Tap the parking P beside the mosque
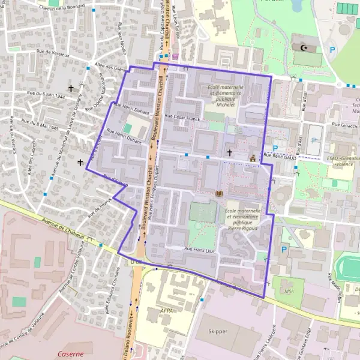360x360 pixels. pos(332,50)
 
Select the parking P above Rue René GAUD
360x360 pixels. pos(275,148)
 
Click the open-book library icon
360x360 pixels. pos(218,193)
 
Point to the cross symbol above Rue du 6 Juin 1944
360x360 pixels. pos(71,88)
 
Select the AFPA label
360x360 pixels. pos(167,311)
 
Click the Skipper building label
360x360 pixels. pos(218,331)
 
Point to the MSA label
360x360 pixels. pos(290,292)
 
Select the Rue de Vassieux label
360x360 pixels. pos(49,55)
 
